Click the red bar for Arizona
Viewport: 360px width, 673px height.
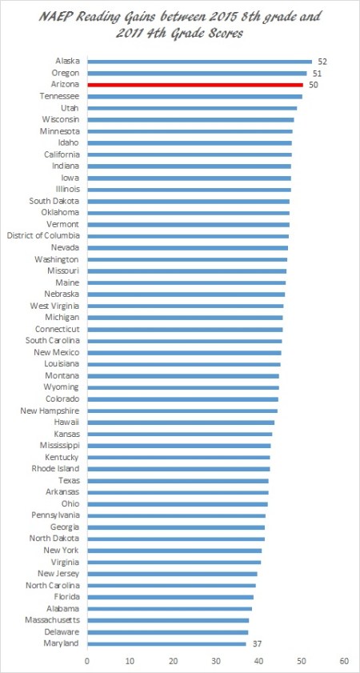(x=194, y=84)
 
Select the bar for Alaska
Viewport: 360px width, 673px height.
(x=199, y=61)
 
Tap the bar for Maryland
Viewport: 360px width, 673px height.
(x=166, y=643)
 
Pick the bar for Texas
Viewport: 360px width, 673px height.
(x=178, y=480)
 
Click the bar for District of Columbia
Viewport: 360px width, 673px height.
(x=188, y=236)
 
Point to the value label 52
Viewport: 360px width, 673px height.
(x=322, y=61)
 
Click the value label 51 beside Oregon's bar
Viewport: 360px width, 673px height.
(x=318, y=73)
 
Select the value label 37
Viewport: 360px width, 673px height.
(x=257, y=643)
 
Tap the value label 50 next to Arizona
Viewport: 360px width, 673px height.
(x=313, y=84)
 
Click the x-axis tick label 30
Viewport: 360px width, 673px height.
(x=215, y=661)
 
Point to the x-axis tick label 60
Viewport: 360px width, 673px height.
(x=344, y=661)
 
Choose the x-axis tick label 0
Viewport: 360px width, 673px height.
(x=86, y=661)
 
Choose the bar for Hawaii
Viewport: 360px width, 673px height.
(x=181, y=422)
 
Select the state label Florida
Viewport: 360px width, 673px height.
(x=65, y=596)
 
